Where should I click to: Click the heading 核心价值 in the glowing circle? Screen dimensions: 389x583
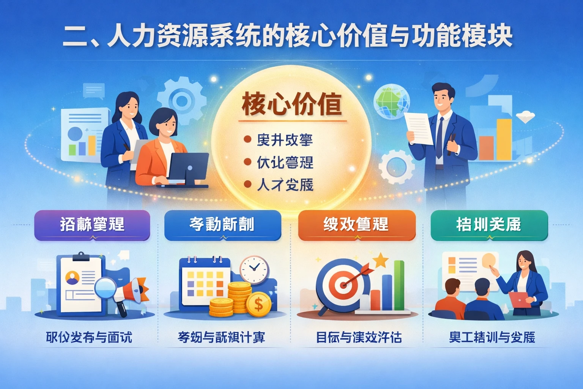point(291,104)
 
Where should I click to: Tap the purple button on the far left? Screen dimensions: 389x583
point(92,225)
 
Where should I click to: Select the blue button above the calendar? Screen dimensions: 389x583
point(222,225)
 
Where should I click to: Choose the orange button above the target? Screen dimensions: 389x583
point(356,225)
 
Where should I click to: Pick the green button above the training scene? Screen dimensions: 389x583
point(489,225)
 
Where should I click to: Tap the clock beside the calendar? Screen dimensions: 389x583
point(254,269)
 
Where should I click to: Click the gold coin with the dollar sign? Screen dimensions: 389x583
point(258,304)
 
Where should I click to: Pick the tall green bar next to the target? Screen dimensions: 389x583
point(399,285)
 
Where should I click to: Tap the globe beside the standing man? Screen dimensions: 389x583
point(391,103)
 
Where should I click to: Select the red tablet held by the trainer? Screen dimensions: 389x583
point(520,299)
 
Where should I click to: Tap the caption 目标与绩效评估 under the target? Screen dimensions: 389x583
point(359,337)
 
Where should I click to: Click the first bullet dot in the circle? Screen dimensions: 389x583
point(247,140)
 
